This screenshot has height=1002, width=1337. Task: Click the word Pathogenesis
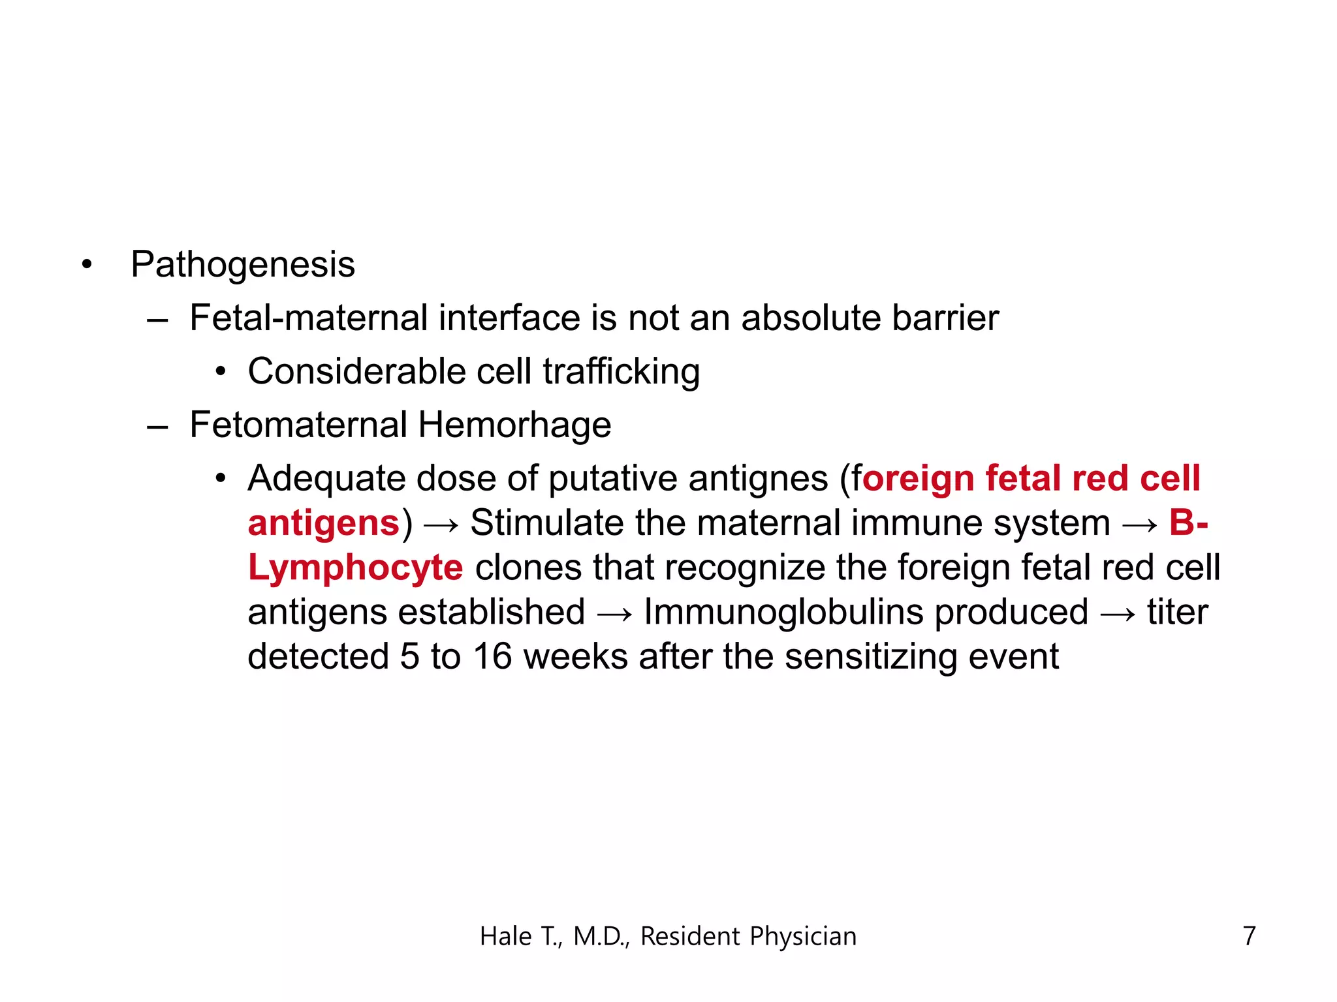[242, 265]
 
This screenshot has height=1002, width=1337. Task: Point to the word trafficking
[621, 372]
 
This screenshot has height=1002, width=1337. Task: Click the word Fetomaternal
[298, 425]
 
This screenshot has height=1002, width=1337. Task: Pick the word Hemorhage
[514, 425]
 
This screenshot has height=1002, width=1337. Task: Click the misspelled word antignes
[758, 479]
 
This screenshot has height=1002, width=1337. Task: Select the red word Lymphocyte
[356, 568]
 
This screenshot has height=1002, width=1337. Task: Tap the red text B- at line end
[1189, 523]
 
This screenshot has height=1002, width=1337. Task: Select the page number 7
[1249, 936]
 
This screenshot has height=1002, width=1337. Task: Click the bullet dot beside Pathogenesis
[87, 265]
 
